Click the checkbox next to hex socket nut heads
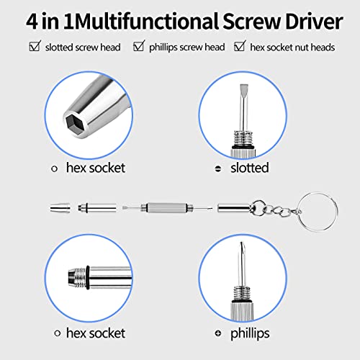240,48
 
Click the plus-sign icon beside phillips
219,334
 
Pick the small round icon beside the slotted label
219,168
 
